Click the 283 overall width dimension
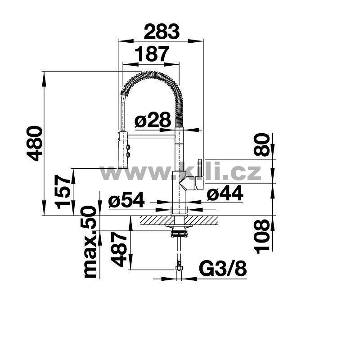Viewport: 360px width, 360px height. (161, 32)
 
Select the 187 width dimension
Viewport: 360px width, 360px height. (151, 54)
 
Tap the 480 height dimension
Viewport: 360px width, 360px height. (35, 143)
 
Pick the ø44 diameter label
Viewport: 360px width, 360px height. (225, 194)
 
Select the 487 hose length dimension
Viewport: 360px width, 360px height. (118, 249)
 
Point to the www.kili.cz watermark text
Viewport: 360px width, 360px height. (180, 172)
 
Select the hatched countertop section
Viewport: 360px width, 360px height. (180, 220)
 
